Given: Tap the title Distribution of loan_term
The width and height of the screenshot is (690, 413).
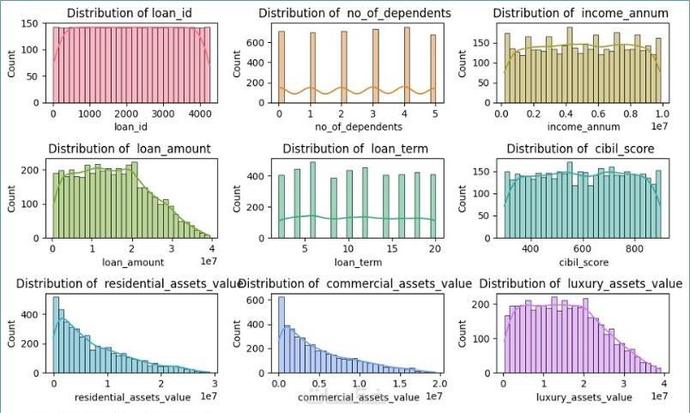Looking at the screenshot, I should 357,149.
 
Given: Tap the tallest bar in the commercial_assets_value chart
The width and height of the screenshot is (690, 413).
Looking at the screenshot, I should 281,335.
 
